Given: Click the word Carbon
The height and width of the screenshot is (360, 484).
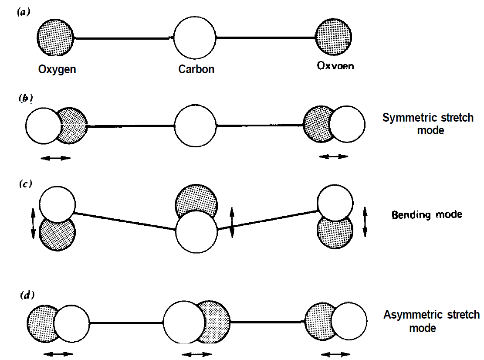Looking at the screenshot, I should [x=196, y=69].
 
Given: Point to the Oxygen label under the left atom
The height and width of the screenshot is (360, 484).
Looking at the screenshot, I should [x=57, y=69].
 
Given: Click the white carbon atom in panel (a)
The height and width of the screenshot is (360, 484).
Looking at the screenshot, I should [x=195, y=38].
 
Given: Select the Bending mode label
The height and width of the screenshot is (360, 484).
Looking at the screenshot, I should [x=427, y=214].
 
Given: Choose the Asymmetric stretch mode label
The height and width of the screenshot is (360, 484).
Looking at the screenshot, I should [x=431, y=321].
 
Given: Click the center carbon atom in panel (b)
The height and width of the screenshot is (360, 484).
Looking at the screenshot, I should [x=195, y=126].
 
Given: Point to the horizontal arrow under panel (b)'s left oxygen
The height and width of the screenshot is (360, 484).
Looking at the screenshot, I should [x=55, y=158].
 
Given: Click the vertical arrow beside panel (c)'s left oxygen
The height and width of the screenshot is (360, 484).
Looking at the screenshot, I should [x=33, y=224].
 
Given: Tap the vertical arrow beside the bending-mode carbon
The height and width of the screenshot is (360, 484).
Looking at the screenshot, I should [x=232, y=222].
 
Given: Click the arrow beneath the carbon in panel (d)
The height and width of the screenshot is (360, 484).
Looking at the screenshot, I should [x=196, y=354].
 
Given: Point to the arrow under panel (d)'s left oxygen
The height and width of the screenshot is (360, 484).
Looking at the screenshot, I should [x=58, y=354].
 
